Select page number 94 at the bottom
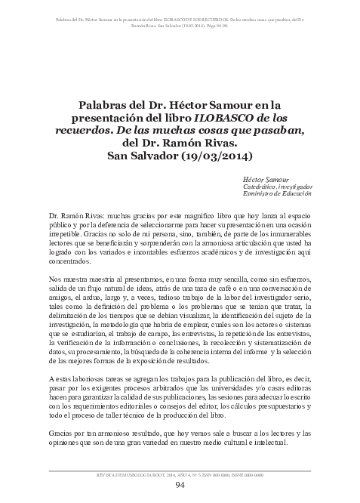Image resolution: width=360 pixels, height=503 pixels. point(180,485)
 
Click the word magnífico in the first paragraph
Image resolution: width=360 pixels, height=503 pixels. point(196,215)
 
